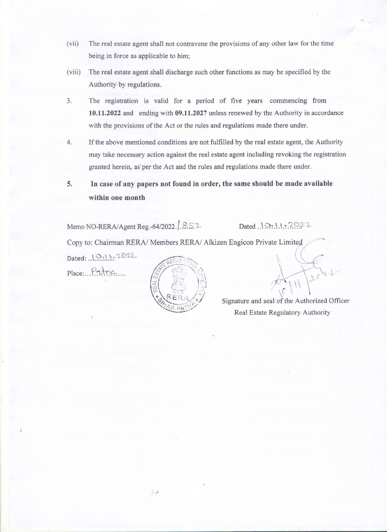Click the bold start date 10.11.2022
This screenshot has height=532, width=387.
click(105, 113)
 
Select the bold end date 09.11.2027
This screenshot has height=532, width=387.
click(191, 113)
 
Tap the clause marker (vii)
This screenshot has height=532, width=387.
click(73, 43)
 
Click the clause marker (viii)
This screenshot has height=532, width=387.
click(74, 72)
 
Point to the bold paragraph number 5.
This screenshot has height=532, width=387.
click(70, 184)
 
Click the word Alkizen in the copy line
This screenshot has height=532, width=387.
click(215, 242)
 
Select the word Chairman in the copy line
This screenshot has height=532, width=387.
click(109, 243)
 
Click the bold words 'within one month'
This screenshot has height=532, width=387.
click(117, 198)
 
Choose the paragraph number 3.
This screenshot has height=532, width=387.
click(69, 101)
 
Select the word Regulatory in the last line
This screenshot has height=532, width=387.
click(284, 313)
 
